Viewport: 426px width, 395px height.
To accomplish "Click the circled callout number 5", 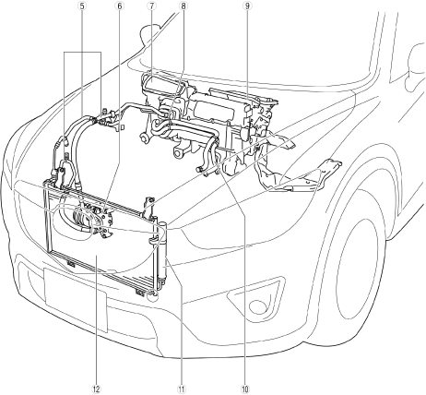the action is pyautogui.click(x=82, y=6).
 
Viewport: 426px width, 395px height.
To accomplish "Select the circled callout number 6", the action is pyautogui.click(x=120, y=6).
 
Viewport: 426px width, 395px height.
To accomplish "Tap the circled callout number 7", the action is pyautogui.click(x=151, y=6).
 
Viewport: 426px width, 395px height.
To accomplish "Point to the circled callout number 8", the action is pyautogui.click(x=183, y=6).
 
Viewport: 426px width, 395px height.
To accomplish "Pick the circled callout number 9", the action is pyautogui.click(x=248, y=6).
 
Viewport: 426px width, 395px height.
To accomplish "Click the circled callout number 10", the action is pyautogui.click(x=245, y=389).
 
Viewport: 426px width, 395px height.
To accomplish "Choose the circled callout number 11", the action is pyautogui.click(x=182, y=389).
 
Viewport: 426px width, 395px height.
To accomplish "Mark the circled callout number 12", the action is pyautogui.click(x=97, y=389).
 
